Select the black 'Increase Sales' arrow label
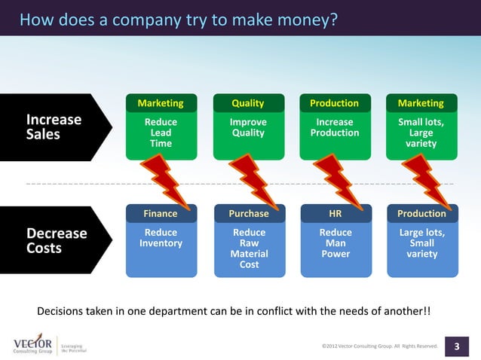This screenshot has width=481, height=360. [54, 127]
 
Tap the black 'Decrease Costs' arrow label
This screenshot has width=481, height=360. [57, 240]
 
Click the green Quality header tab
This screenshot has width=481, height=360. [248, 103]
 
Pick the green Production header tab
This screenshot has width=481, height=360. [335, 103]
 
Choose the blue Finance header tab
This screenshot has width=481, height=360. [161, 214]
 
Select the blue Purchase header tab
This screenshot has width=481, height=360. [249, 214]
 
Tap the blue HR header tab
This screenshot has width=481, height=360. [335, 214]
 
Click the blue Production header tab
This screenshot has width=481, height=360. [421, 214]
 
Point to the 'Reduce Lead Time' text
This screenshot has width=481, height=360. [161, 133]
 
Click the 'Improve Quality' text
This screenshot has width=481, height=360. [248, 127]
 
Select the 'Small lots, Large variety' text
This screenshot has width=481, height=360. [421, 133]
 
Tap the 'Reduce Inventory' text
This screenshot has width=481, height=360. [161, 238]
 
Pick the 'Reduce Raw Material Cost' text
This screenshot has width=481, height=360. [249, 249]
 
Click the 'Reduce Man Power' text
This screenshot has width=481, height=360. [335, 243]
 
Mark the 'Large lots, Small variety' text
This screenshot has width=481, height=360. [421, 243]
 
